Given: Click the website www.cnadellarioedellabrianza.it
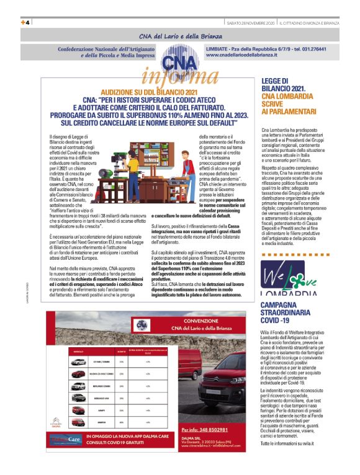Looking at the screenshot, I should point(243,55).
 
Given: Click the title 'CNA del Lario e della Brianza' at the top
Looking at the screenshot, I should point(179,36).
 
